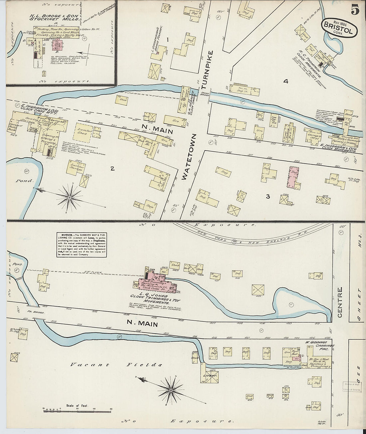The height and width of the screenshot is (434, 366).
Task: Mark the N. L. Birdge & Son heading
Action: [59, 17]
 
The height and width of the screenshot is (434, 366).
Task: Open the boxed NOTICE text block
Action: [81, 244]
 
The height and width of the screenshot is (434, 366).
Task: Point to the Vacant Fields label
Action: [116, 365]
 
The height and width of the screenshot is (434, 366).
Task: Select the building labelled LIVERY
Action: [210, 375]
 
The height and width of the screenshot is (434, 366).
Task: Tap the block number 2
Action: [112, 169]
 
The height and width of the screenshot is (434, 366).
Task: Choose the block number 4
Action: [285, 81]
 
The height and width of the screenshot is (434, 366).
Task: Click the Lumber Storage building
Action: [75, 167]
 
